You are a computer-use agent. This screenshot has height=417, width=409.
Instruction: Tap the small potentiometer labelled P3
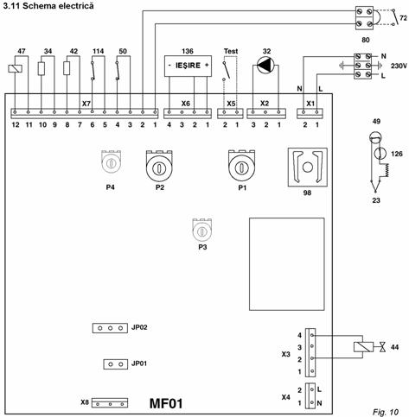(202, 230)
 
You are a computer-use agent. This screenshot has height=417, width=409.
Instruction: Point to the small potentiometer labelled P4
(111, 161)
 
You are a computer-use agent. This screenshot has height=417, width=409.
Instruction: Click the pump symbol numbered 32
(265, 66)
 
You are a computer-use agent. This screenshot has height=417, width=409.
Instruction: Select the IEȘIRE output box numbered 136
(188, 66)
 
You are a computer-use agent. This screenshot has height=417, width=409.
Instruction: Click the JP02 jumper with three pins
(110, 328)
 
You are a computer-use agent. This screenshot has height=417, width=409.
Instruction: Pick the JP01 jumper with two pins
(115, 364)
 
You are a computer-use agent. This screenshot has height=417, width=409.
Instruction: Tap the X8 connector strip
(110, 402)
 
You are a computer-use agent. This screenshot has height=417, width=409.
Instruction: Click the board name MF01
(166, 403)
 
